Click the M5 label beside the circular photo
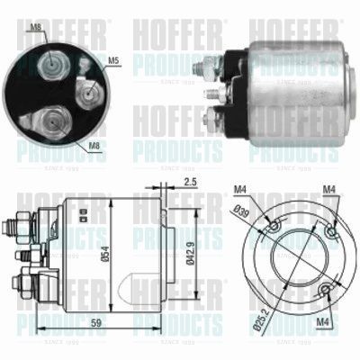click(113, 61)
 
